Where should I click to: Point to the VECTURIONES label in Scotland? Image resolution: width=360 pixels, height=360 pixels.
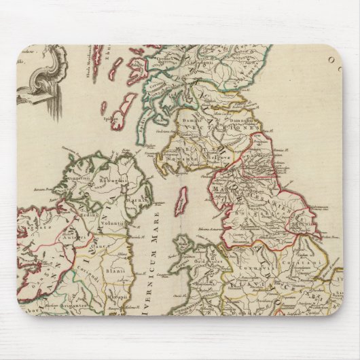[210, 127]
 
